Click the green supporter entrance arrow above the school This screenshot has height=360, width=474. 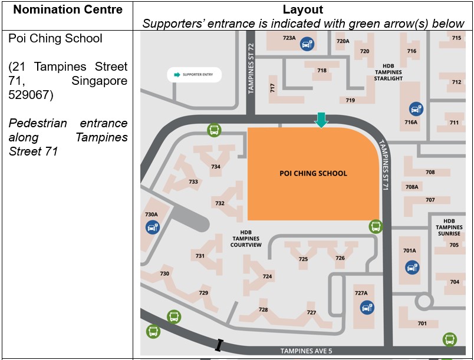(321, 120)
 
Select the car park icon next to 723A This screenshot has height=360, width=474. (307, 44)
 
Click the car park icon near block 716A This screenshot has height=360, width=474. (416, 109)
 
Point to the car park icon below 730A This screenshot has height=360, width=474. (152, 227)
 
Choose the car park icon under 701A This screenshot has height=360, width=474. (412, 267)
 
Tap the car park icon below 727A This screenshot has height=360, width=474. (366, 307)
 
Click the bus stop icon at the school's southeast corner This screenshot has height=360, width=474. (376, 226)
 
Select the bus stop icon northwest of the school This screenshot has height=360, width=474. (213, 130)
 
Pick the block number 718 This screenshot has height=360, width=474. (322, 71)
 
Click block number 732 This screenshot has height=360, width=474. (219, 203)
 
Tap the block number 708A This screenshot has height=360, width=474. (412, 187)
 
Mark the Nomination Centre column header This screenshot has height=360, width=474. (68, 10)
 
